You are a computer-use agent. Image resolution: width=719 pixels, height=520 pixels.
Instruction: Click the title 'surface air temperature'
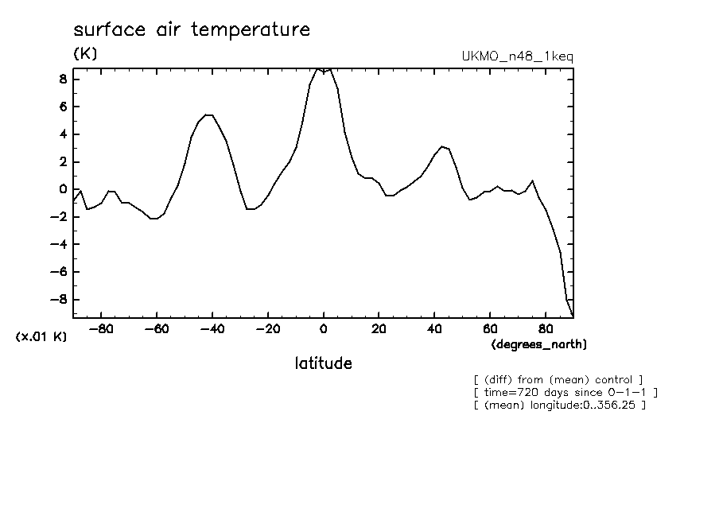[x=191, y=31]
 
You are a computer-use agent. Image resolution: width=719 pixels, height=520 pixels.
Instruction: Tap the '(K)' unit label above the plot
[x=85, y=55]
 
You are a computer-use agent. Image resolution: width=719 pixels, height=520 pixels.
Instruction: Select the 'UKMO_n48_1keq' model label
[x=517, y=56]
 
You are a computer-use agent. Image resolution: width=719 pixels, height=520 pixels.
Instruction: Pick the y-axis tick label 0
[x=62, y=189]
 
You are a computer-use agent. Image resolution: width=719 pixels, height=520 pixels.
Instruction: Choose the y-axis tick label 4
[x=62, y=134]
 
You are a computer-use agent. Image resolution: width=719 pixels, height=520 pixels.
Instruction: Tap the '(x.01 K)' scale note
[x=41, y=337]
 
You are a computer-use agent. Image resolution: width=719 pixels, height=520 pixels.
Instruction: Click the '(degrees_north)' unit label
[x=539, y=344]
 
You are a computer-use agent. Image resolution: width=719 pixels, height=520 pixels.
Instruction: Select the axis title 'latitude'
[x=323, y=364]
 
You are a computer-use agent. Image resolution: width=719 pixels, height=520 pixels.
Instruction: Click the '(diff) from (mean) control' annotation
[x=558, y=380]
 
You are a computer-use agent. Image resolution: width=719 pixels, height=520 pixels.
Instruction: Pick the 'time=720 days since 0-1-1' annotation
[x=565, y=393]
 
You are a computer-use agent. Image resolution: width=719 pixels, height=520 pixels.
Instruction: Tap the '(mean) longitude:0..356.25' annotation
[x=559, y=406]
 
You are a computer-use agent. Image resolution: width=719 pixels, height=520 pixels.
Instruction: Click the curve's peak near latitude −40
[x=207, y=115]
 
